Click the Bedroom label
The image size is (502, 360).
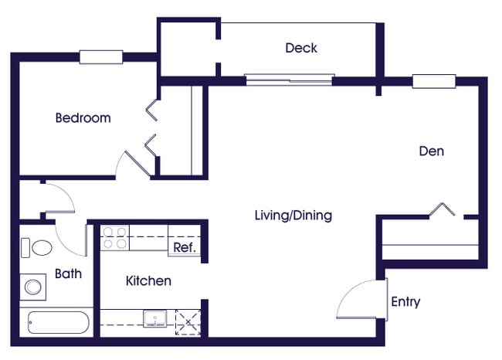(83, 118)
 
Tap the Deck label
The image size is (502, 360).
(300, 48)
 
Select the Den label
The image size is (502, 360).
(431, 151)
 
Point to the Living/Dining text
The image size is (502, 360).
(293, 215)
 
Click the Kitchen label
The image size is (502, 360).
(148, 280)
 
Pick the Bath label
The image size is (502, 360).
(68, 273)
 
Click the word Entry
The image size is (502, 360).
(405, 301)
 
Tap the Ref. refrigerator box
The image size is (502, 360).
(184, 247)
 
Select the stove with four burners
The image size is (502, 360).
(115, 237)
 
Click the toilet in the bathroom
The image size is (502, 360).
(37, 248)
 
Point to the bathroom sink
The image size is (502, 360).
(32, 287)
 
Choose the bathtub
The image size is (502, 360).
(58, 321)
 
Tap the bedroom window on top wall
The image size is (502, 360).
(100, 56)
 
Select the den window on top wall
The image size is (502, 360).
(433, 81)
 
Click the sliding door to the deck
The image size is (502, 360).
(290, 79)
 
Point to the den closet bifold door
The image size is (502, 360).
(445, 209)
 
